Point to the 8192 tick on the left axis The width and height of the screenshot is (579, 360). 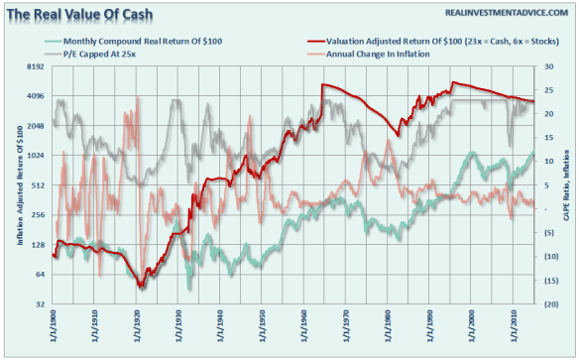click(38, 66)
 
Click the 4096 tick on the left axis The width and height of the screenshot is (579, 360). click(38, 96)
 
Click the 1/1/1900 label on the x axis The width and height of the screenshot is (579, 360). click(53, 330)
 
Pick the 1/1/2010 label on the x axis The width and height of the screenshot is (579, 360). click(514, 330)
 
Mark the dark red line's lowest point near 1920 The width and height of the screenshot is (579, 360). click(143, 287)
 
